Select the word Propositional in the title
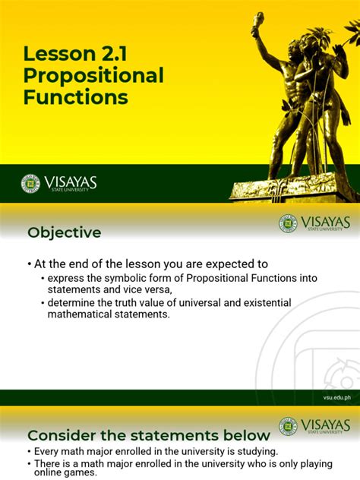(93, 76)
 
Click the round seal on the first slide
(30, 183)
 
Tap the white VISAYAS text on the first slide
(71, 182)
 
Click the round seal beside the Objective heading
(288, 223)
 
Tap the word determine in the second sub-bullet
(74, 303)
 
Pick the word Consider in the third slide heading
(62, 435)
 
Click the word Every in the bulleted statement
(49, 450)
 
